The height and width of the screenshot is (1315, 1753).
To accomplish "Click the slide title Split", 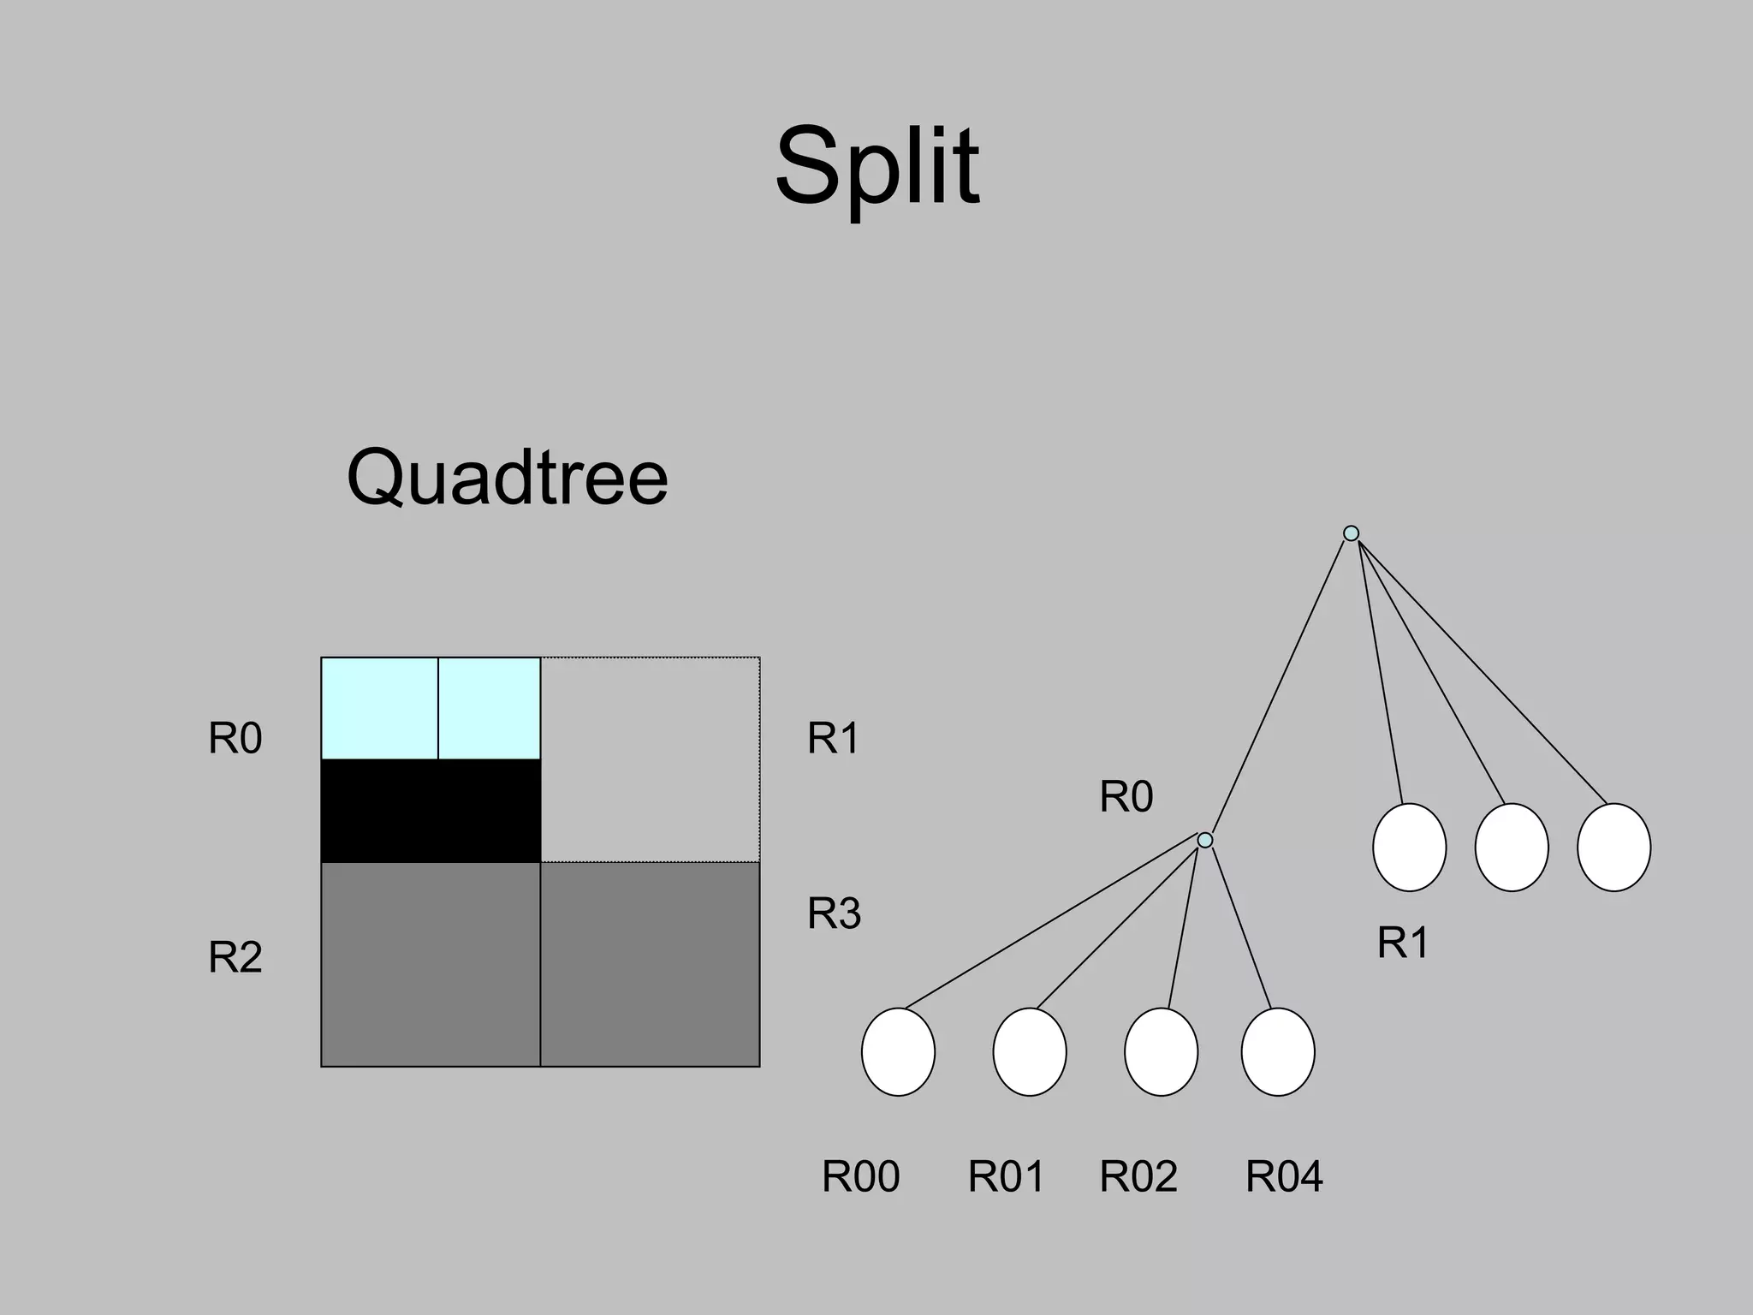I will click(x=876, y=167).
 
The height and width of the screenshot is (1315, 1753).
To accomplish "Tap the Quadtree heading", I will click(x=507, y=478).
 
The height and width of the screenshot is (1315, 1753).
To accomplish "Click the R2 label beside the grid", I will click(x=235, y=957).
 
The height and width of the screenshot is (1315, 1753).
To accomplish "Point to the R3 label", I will click(x=834, y=913).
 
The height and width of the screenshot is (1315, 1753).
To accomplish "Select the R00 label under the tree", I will click(x=860, y=1176).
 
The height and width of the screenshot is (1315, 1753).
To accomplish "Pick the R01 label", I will click(x=1006, y=1176).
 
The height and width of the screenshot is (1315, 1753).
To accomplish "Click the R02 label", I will click(x=1138, y=1176).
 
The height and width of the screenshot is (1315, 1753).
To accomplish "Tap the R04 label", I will click(x=1283, y=1176).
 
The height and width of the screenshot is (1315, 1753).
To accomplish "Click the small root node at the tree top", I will click(x=1351, y=533).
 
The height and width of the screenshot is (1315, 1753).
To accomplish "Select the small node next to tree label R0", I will click(x=1205, y=840).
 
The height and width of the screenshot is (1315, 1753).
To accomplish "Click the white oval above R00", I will click(x=898, y=1051).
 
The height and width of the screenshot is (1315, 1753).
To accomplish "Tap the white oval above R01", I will click(x=1030, y=1051).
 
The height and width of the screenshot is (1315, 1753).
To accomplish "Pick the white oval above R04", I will click(x=1278, y=1051).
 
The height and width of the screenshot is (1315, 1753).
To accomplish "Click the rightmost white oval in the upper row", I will click(x=1613, y=847).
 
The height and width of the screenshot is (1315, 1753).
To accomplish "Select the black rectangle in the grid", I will click(x=431, y=811).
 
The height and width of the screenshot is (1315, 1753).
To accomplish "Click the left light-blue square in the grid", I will click(x=379, y=708).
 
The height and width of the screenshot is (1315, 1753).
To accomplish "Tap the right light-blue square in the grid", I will click(x=489, y=708).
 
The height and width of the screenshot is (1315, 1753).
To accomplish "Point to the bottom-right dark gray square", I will click(x=650, y=964).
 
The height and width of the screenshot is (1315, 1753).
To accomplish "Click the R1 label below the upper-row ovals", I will click(x=1403, y=943).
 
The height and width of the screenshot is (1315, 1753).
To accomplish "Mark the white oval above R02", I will click(x=1161, y=1051).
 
